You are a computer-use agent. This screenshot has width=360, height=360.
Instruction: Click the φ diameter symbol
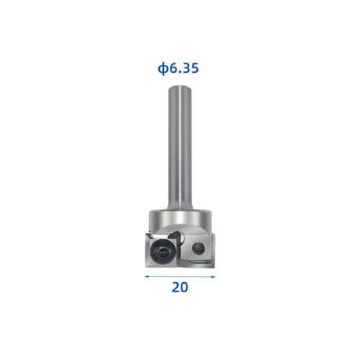coord(163,69)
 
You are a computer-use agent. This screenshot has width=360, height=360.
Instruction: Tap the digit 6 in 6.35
coord(173,69)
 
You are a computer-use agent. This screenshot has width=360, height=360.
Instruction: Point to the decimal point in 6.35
coord(179,73)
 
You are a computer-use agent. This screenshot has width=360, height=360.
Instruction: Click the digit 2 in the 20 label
coord(175,287)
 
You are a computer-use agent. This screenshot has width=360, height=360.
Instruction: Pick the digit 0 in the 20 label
coord(184,287)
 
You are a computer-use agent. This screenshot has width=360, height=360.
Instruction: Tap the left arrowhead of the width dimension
coord(146,276)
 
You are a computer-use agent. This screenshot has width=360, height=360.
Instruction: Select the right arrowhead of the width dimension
coord(213,276)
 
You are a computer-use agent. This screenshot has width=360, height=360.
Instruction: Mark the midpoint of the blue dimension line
coord(180,276)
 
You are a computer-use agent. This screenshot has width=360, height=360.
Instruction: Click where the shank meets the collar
coord(179,209)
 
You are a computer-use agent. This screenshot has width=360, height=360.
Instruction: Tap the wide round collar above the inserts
coord(179,219)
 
